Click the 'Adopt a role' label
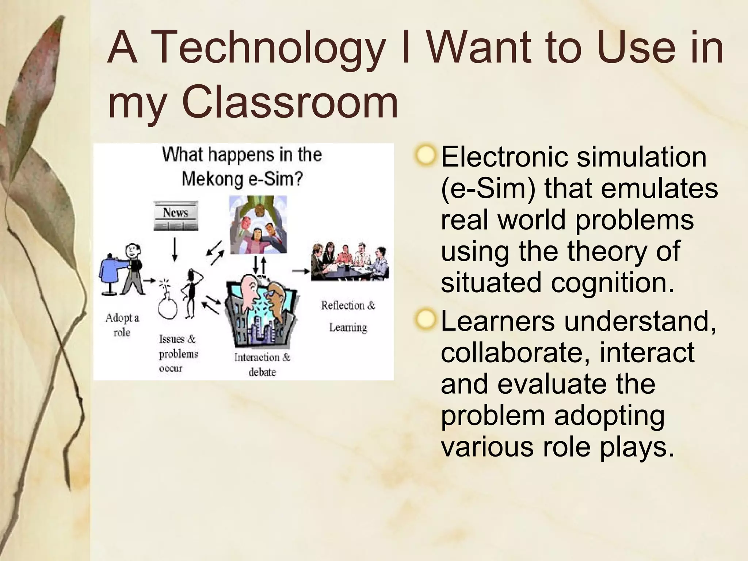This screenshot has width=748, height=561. (122, 325)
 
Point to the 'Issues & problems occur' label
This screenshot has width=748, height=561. (178, 354)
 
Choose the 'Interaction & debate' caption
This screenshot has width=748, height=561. (262, 364)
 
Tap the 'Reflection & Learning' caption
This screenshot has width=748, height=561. (348, 316)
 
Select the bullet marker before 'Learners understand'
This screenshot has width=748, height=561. (425, 319)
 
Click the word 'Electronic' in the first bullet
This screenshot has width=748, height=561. (504, 157)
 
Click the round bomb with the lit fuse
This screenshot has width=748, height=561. (168, 307)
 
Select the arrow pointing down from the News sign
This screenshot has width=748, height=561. (175, 249)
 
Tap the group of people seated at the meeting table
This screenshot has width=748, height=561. (349, 261)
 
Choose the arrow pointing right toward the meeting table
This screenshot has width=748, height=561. (301, 271)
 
